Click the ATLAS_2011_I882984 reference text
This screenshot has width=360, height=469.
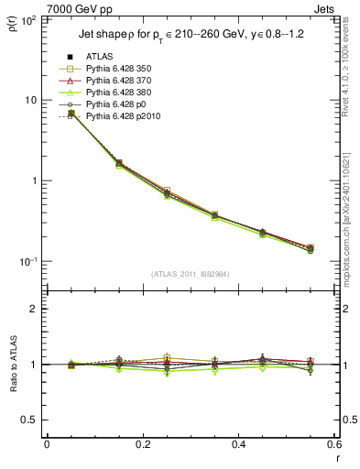coord(190,274)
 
